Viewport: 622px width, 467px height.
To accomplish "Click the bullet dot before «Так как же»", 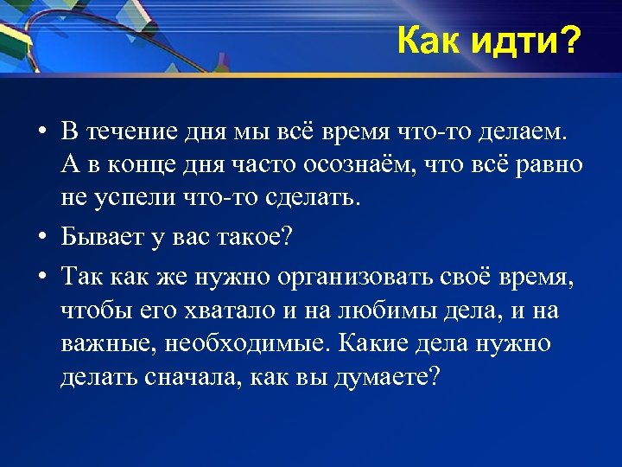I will (41, 278).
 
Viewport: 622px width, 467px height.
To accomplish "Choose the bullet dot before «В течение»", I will (41, 134).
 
